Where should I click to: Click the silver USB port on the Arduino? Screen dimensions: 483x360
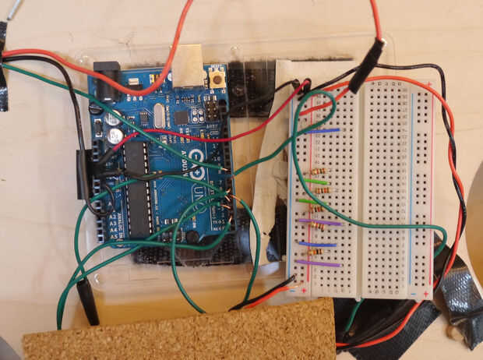pos(185,67)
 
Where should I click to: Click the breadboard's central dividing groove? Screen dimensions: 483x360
pos(359,187)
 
